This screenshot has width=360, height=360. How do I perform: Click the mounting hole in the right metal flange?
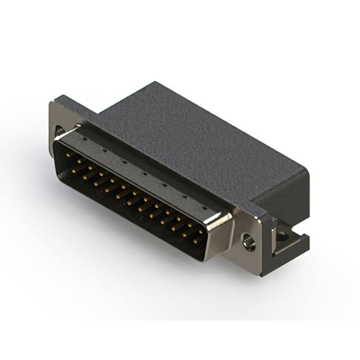248,242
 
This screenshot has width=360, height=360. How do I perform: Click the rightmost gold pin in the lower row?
196,241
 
